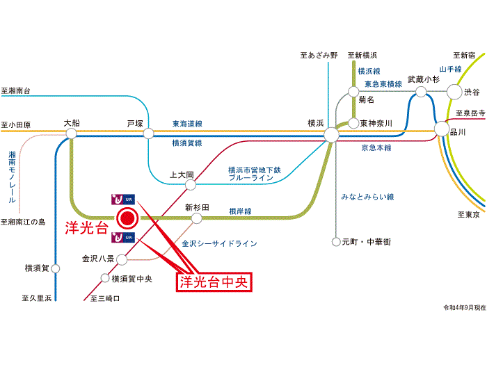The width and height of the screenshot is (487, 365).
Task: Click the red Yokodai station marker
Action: pos(127,218)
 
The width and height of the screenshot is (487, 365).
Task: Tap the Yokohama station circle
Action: pos(331,135)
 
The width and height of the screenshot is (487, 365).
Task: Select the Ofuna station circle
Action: pos(71,133)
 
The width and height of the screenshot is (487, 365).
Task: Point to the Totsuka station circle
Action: pos(148,133)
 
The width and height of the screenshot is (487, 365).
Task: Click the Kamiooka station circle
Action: pos(191,185)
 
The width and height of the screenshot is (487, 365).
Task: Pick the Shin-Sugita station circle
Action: pos(197,218)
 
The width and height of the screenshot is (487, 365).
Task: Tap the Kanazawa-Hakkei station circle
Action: pos(122,260)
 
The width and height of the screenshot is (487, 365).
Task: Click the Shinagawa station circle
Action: pos(442,129)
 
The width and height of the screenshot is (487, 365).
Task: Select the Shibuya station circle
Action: pos(454,92)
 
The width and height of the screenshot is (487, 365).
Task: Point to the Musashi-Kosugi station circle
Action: pos(421,92)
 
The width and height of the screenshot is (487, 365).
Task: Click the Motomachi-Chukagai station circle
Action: pos(336,242)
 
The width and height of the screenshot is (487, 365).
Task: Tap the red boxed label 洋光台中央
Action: pos(214,282)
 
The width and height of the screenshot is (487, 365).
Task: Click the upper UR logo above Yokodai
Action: pos(123,200)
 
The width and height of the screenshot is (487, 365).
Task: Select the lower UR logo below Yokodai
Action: pos(123,238)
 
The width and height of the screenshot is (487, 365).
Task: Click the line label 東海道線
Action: pos(187,124)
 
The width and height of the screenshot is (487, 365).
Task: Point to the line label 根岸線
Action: pos(240,211)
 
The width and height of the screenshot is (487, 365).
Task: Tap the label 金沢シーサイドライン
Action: pos(219,243)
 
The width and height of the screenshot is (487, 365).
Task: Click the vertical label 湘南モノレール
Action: pos(12,177)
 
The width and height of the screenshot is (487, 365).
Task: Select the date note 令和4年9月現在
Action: pos(464,307)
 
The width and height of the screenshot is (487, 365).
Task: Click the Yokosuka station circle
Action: pos(55,268)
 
